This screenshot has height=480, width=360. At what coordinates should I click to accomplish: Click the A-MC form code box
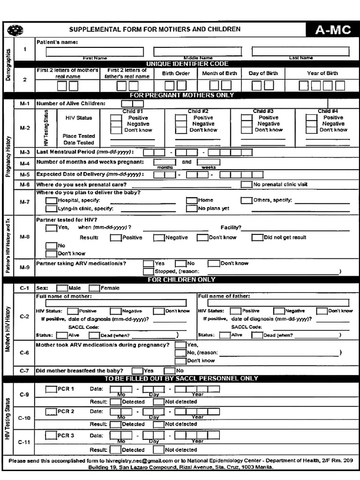(x=332, y=30)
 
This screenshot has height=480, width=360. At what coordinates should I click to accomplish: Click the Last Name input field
(x=300, y=51)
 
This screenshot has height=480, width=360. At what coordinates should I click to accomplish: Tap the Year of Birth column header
(x=322, y=73)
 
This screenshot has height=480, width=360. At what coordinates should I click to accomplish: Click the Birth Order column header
(x=176, y=74)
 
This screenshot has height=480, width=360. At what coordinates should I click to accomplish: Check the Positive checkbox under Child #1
(x=116, y=118)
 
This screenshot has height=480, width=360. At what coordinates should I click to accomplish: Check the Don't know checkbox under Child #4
(x=311, y=130)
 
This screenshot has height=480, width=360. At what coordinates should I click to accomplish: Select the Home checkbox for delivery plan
(x=191, y=200)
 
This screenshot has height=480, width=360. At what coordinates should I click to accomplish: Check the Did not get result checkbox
(x=257, y=237)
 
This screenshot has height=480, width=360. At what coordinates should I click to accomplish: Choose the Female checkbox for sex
(x=94, y=288)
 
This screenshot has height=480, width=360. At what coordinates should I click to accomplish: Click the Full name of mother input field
(x=115, y=303)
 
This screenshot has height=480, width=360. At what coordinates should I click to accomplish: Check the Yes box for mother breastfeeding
(x=137, y=370)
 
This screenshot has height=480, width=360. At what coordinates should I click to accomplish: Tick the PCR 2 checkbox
(x=51, y=412)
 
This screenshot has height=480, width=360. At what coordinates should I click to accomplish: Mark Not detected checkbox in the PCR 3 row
(x=158, y=450)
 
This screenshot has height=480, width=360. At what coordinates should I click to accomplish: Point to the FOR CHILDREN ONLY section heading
(x=181, y=280)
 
